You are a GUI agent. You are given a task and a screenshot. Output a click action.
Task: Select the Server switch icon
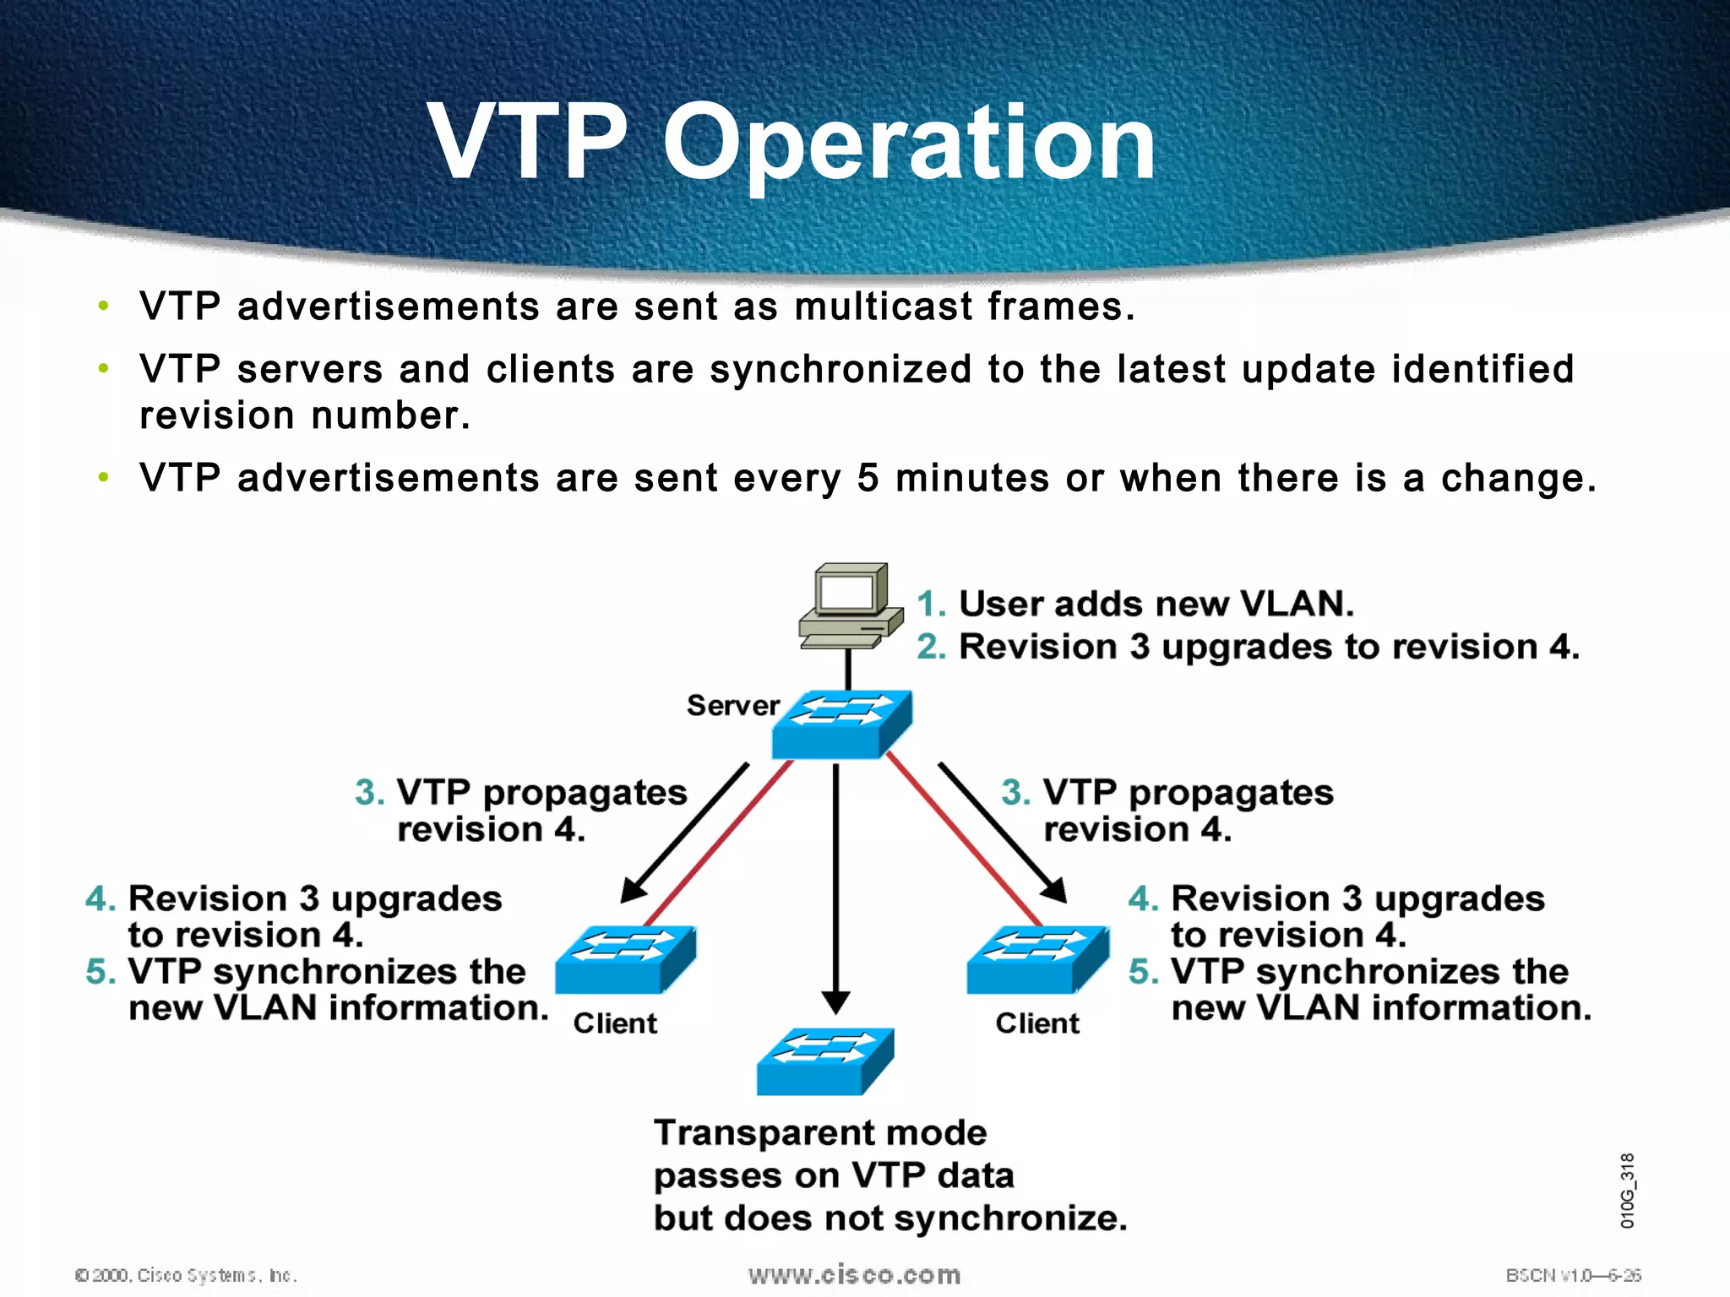841,724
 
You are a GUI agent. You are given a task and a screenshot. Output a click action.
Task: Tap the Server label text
732,705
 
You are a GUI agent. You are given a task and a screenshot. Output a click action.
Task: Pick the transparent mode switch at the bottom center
824,1061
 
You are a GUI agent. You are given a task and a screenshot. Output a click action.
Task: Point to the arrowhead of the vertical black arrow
835,1003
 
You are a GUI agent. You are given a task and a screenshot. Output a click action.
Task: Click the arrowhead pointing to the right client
1055,891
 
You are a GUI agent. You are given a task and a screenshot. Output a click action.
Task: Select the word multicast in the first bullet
884,306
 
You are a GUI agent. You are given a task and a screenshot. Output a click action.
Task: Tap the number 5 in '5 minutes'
868,478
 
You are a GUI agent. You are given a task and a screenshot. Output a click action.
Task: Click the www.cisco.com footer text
854,1274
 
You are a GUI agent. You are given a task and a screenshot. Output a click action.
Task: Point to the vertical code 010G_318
1627,1190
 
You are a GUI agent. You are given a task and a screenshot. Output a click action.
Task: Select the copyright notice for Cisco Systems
186,1275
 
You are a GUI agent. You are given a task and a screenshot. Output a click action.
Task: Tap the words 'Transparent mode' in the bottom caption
819,1132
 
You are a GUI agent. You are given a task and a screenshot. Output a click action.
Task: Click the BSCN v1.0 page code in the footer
1572,1275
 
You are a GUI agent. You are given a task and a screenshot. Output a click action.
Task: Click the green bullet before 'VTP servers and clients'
103,368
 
